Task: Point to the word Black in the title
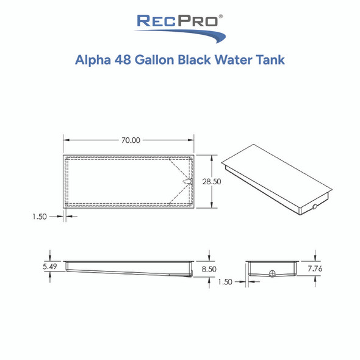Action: click(200, 62)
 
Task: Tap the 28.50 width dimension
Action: click(225, 181)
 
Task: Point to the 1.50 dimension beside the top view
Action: click(38, 216)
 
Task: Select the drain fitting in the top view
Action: click(189, 181)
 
